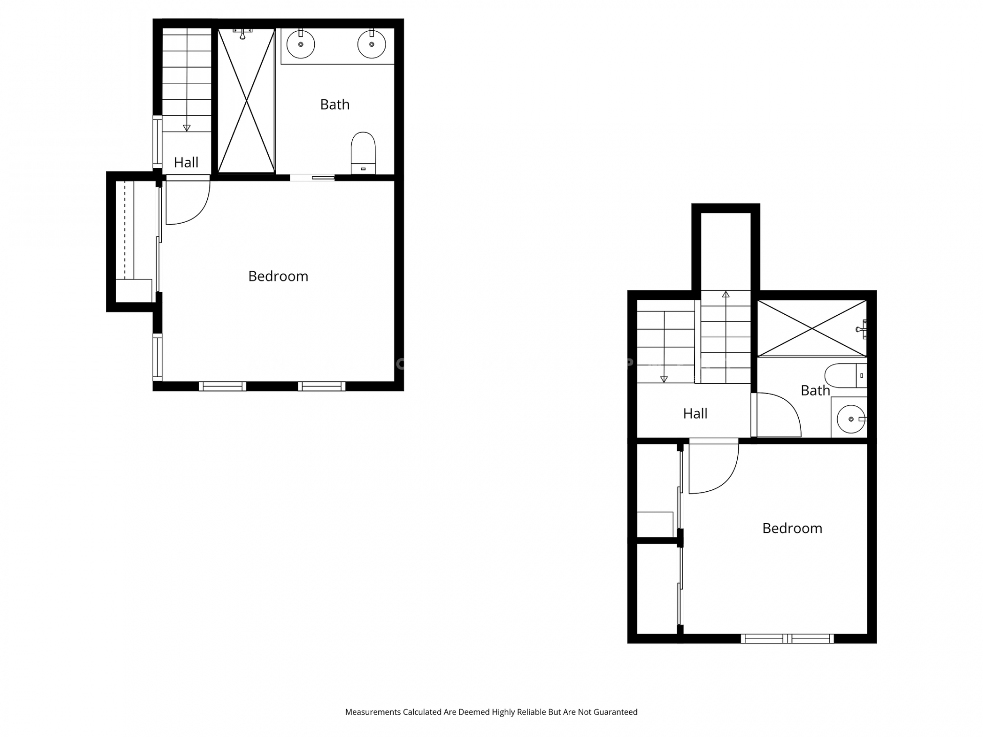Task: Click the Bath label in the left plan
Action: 335,104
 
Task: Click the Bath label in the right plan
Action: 815,391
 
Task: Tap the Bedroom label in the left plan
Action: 278,276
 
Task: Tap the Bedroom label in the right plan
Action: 792,528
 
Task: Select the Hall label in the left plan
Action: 186,163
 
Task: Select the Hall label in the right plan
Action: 695,414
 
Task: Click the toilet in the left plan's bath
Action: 363,153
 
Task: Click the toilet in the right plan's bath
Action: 845,376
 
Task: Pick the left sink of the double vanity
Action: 301,44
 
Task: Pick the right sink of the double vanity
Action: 372,44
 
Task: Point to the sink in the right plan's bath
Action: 851,419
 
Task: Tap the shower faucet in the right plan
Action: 862,330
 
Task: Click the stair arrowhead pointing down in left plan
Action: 186,128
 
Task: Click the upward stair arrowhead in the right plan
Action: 725,294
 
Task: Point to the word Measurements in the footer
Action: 373,712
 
